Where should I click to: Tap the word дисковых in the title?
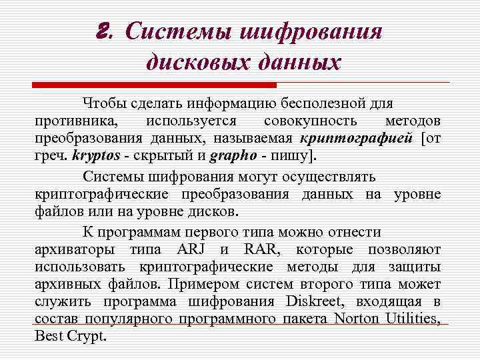click(x=188, y=63)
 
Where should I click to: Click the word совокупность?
click(x=310, y=121)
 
